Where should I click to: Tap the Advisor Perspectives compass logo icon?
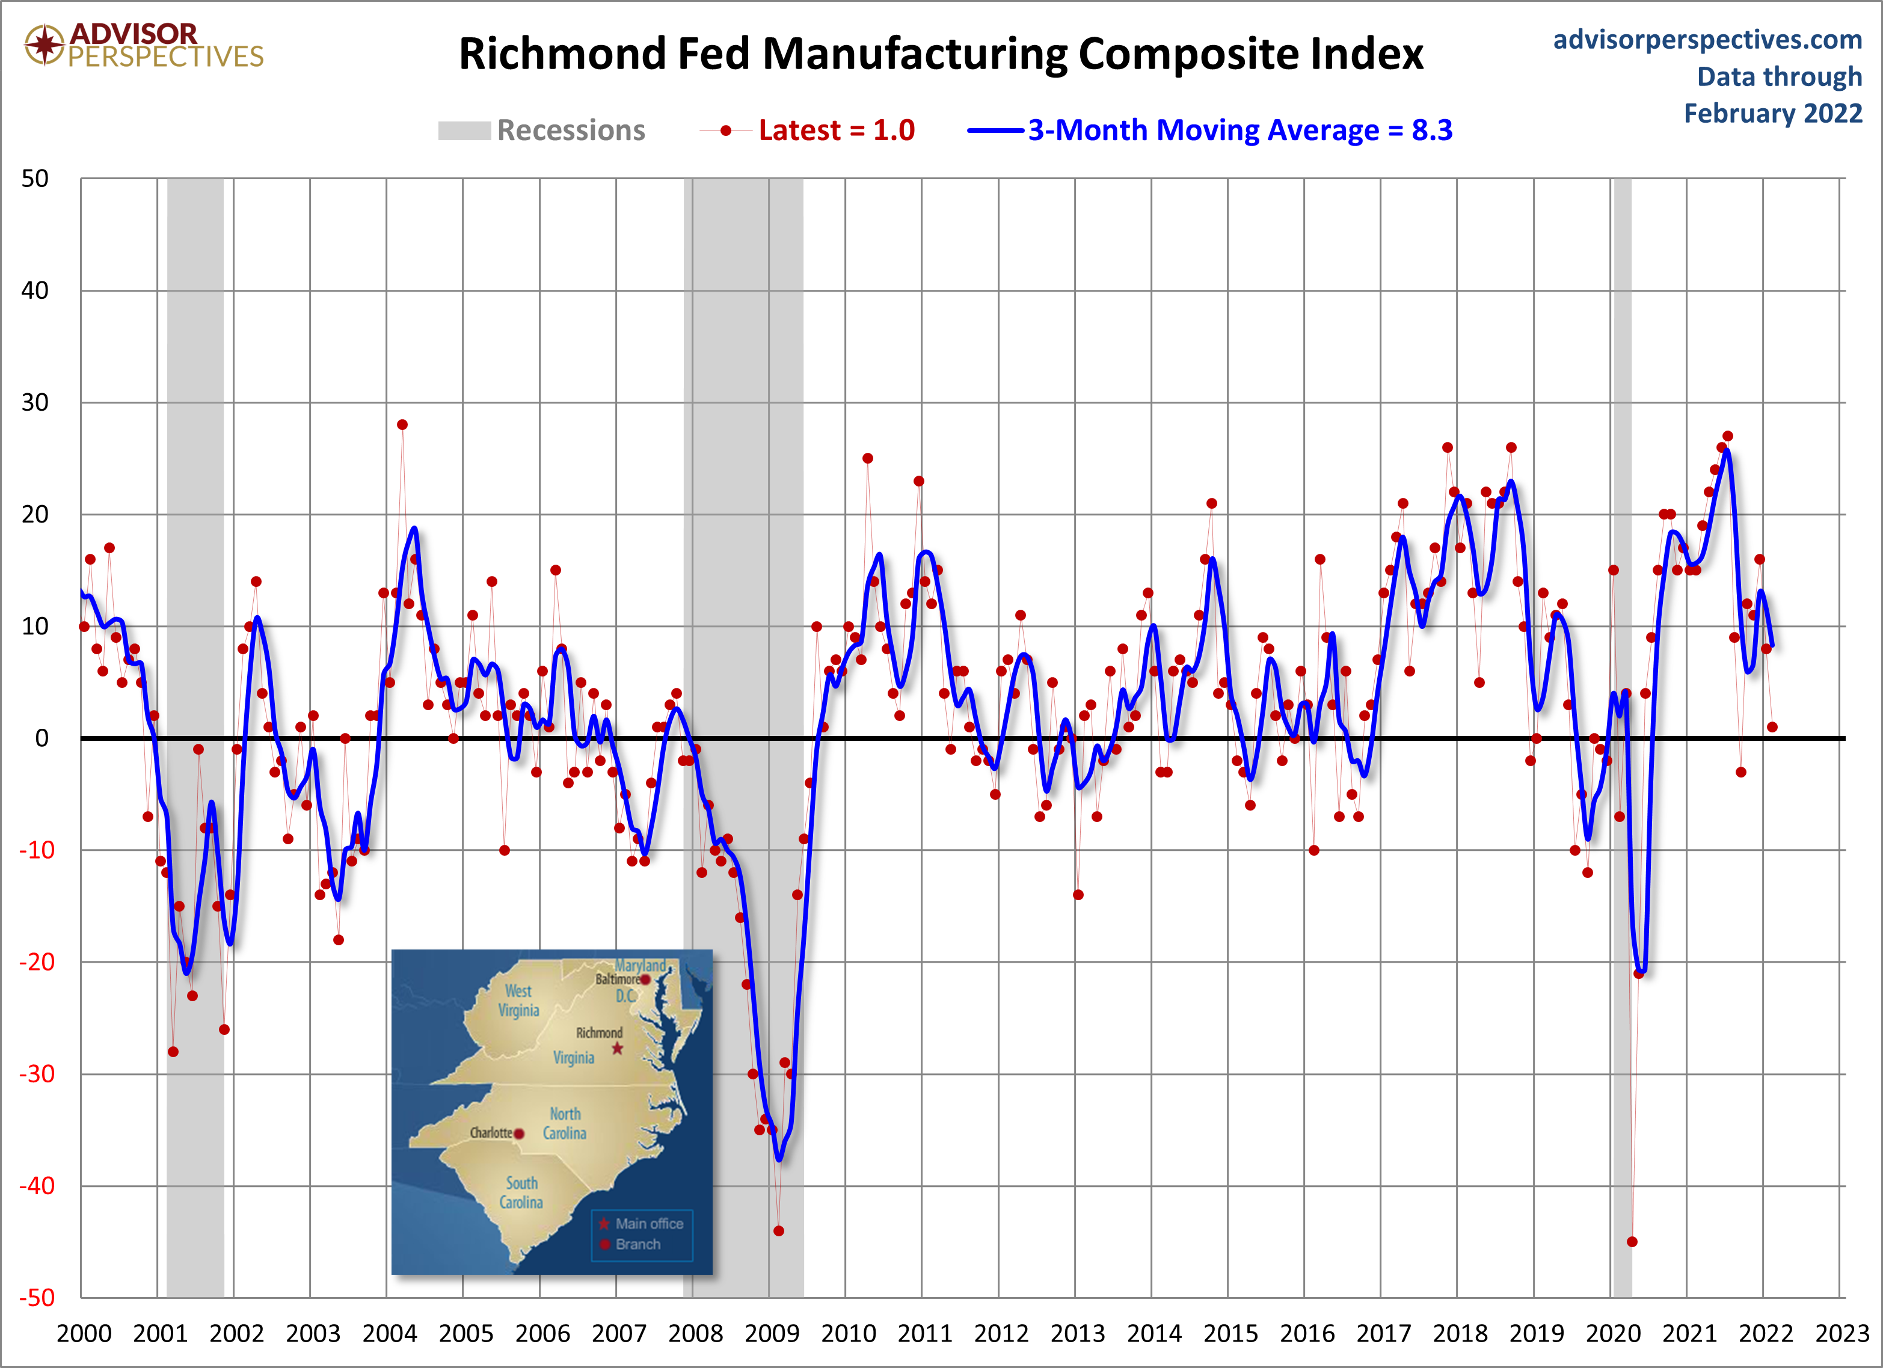(45, 44)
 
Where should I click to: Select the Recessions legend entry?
(541, 130)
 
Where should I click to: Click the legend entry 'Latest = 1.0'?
(807, 130)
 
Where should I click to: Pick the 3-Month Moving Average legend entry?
(1209, 130)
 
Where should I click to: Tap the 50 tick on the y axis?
(35, 179)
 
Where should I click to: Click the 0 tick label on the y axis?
(41, 738)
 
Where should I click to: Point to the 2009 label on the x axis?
(771, 1333)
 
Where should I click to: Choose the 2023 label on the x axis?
(1842, 1333)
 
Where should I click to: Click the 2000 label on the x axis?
(84, 1333)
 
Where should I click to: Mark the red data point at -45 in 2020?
(1632, 1242)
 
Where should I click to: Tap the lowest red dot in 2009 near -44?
(778, 1231)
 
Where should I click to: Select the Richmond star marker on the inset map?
(617, 1049)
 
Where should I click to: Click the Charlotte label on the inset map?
(491, 1132)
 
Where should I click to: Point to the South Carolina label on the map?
(521, 1192)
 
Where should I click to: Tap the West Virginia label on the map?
(519, 1000)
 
